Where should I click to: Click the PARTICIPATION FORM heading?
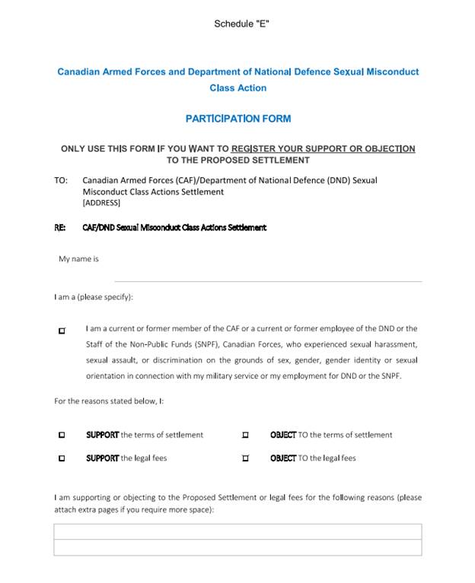click(238, 119)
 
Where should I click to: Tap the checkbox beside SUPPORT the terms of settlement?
click(62, 436)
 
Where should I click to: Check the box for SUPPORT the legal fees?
click(62, 458)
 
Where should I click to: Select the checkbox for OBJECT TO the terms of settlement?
click(245, 436)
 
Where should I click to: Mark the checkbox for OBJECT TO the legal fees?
click(245, 458)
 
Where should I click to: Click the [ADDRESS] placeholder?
click(101, 203)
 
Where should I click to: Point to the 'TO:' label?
click(61, 181)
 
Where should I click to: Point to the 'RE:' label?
click(60, 227)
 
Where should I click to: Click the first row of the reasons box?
click(237, 531)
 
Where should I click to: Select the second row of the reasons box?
click(237, 547)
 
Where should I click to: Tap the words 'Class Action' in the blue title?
click(238, 88)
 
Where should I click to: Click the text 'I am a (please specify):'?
click(94, 297)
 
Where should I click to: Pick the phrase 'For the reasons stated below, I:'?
click(110, 401)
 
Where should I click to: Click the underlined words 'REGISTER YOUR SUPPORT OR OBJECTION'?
click(323, 149)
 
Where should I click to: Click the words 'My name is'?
click(79, 259)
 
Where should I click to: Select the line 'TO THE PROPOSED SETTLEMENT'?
click(238, 160)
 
